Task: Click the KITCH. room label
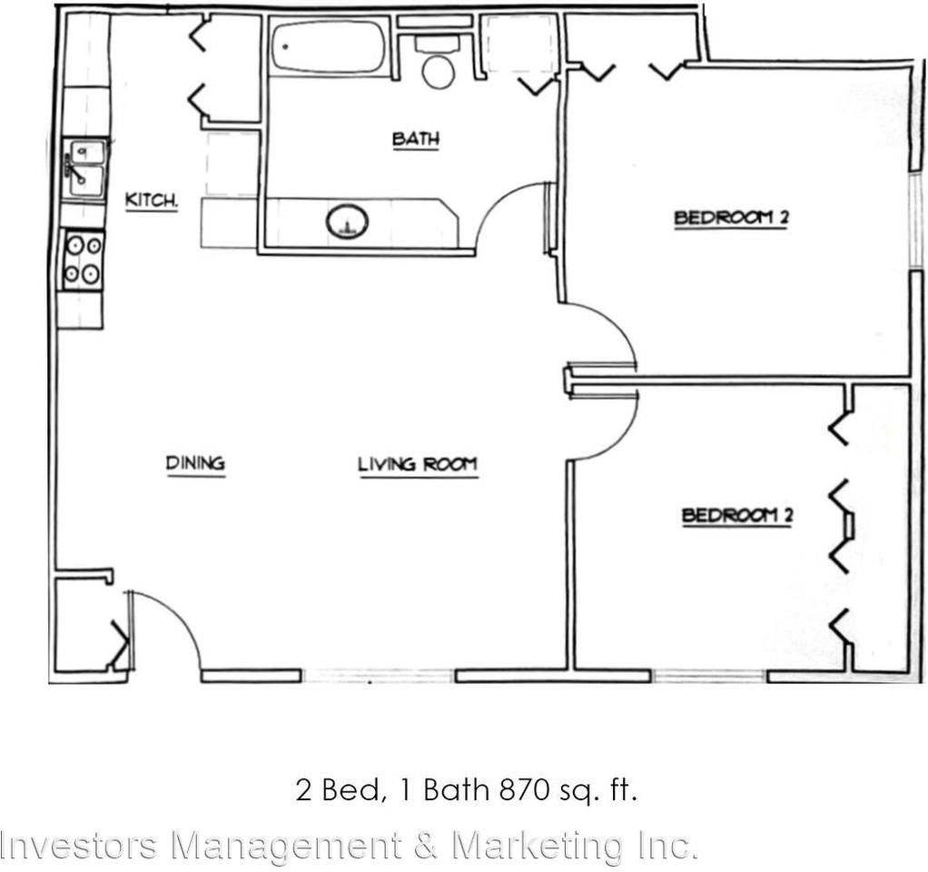click(x=151, y=201)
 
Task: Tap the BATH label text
click(x=416, y=139)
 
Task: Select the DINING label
click(x=195, y=463)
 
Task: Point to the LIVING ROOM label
click(x=418, y=465)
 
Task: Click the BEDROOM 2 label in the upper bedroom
click(x=729, y=218)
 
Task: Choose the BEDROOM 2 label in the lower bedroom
click(x=738, y=516)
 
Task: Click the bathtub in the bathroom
click(x=329, y=46)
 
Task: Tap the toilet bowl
click(x=439, y=70)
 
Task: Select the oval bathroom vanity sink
click(x=347, y=222)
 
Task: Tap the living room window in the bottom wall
click(x=378, y=676)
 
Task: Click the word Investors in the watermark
click(x=82, y=846)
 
